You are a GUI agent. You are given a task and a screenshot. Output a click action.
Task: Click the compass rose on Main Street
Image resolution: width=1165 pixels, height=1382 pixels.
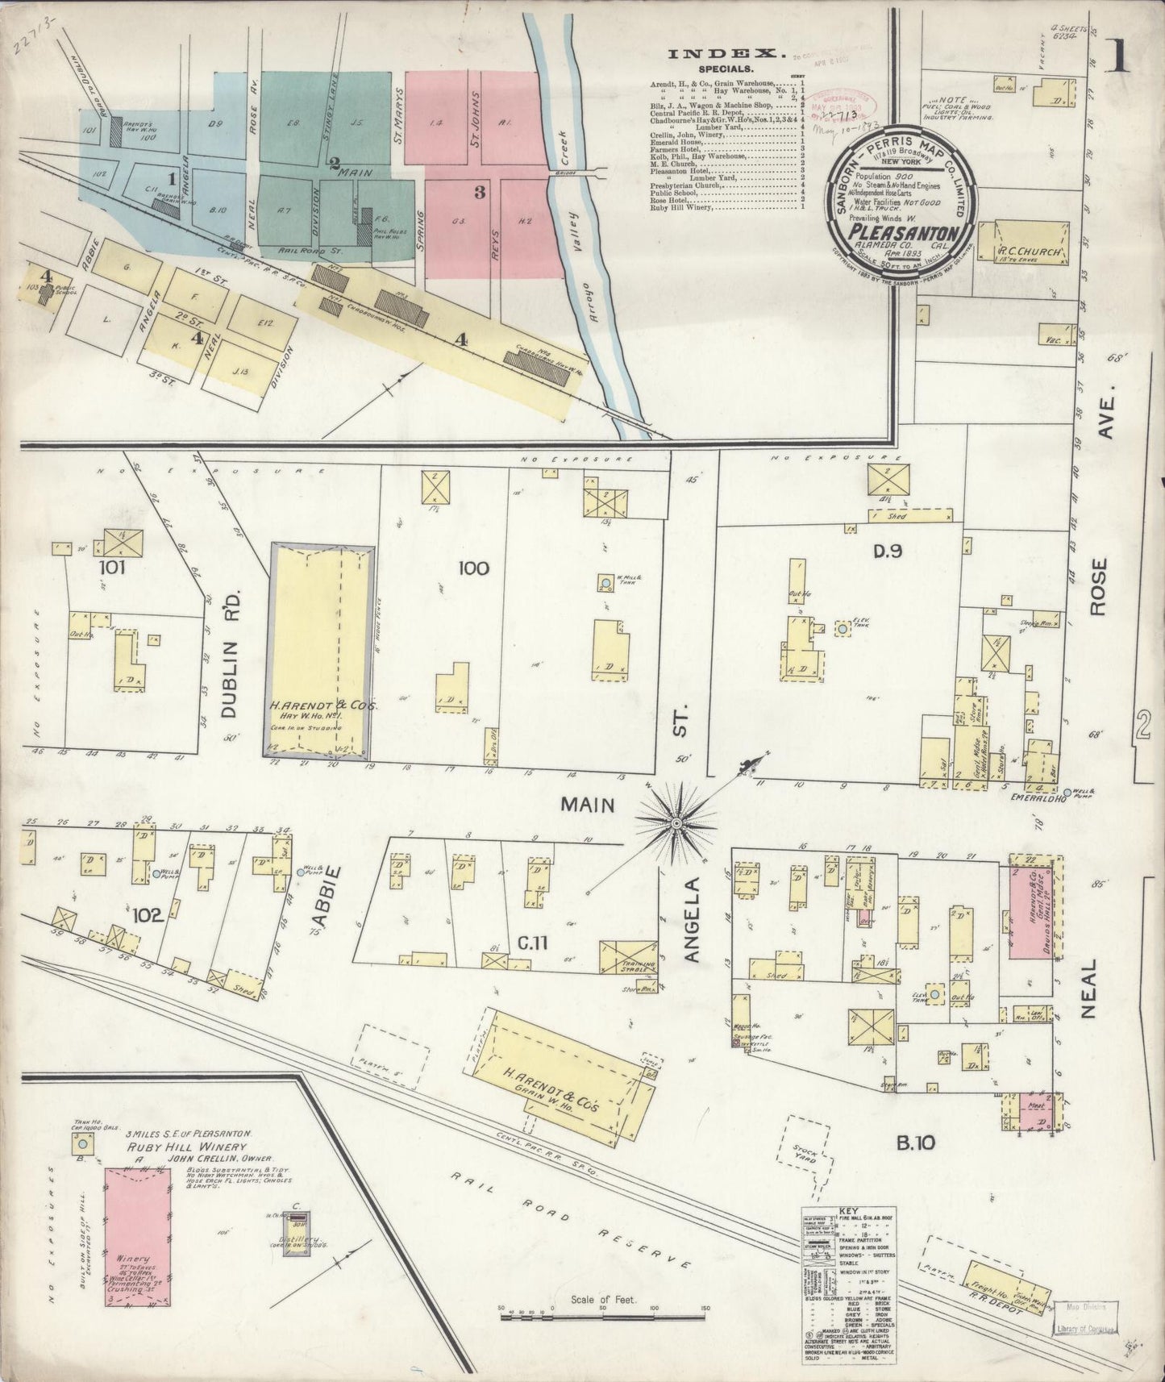point(676,822)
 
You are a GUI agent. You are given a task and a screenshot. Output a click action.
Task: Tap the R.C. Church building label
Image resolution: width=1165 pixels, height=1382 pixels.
point(1025,251)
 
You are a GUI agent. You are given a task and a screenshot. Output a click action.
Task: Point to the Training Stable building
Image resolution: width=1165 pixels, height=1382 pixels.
point(630,957)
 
